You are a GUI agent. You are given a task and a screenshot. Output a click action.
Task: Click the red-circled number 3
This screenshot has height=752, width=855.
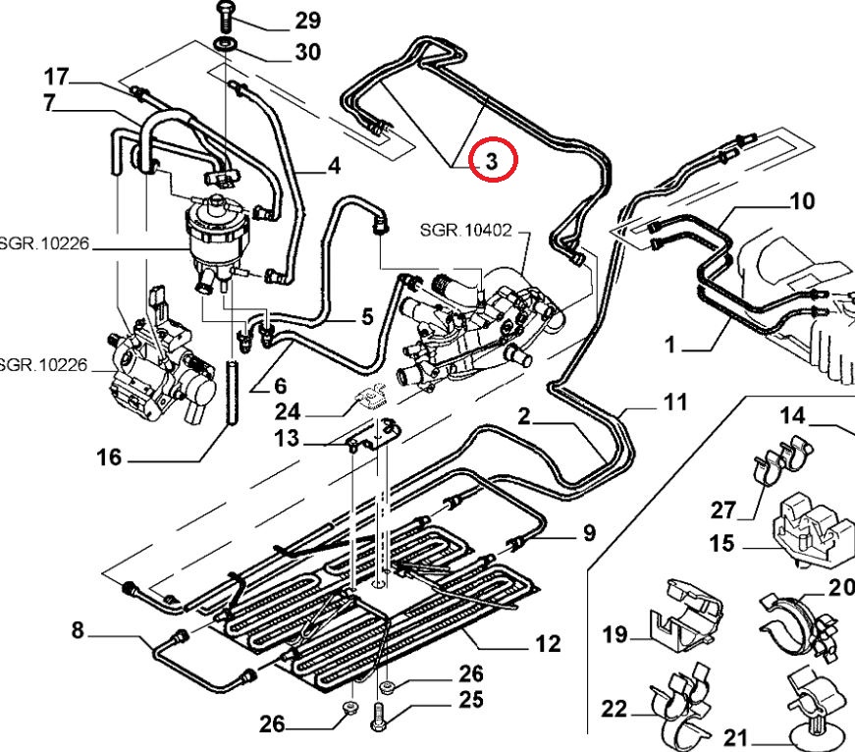(493, 160)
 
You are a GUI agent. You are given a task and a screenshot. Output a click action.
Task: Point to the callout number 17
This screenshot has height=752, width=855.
(56, 75)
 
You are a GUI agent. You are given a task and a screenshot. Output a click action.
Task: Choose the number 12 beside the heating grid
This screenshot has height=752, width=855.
(547, 644)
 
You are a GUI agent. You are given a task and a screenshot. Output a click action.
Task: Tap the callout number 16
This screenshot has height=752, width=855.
(108, 457)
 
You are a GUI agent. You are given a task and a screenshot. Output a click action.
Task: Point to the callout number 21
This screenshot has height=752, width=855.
(736, 736)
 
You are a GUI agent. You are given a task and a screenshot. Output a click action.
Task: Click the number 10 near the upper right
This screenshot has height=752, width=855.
(802, 201)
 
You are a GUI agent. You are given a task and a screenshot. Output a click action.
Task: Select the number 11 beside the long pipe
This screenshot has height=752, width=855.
(674, 402)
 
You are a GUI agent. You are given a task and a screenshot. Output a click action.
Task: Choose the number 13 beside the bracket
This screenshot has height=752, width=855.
(286, 439)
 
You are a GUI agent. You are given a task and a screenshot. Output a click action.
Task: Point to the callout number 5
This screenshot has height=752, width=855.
(366, 317)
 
